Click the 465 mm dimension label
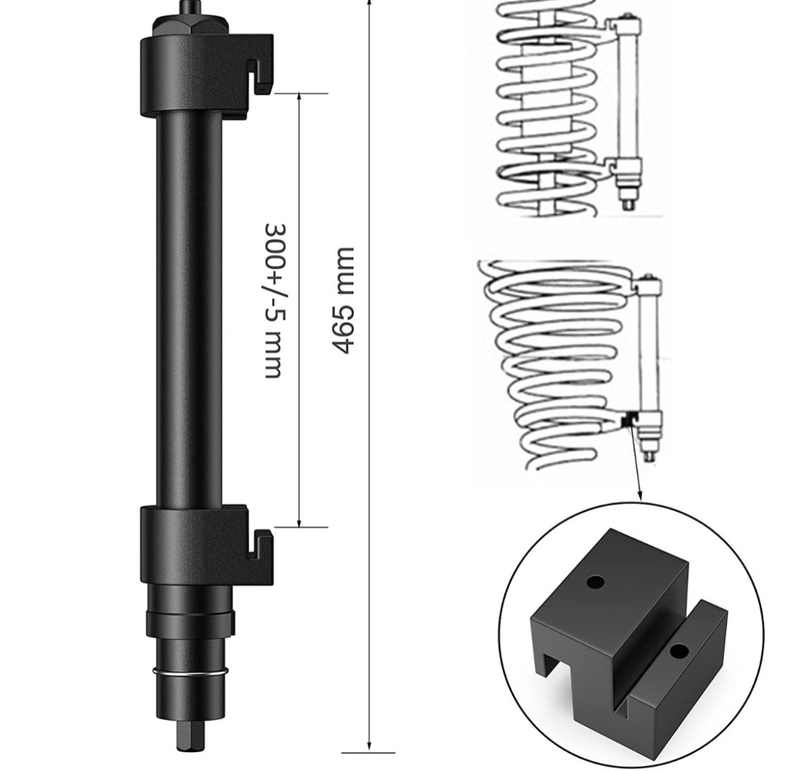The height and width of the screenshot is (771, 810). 342,301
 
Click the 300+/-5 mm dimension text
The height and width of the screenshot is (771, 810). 274,301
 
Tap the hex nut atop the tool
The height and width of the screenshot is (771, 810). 190,25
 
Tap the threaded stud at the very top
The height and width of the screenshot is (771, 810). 190,7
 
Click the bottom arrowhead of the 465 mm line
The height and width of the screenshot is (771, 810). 369,744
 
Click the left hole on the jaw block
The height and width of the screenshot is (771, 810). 595,583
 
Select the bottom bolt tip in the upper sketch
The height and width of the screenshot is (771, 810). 628,202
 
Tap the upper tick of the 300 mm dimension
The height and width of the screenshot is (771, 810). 300,94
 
